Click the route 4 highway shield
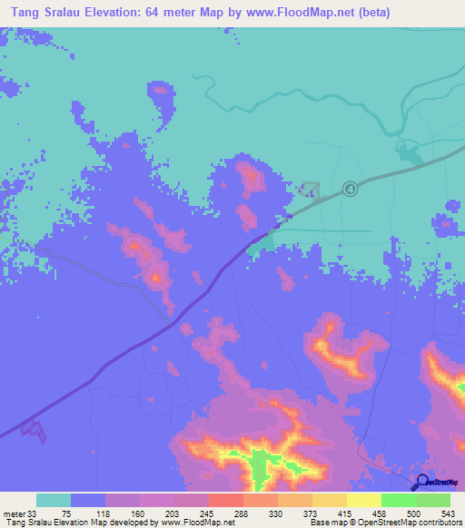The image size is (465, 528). (x=350, y=189)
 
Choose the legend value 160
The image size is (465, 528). (x=136, y=513)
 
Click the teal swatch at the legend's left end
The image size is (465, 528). (x=54, y=500)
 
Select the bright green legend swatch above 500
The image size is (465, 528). (x=399, y=500)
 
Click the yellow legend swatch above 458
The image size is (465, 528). (x=364, y=500)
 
